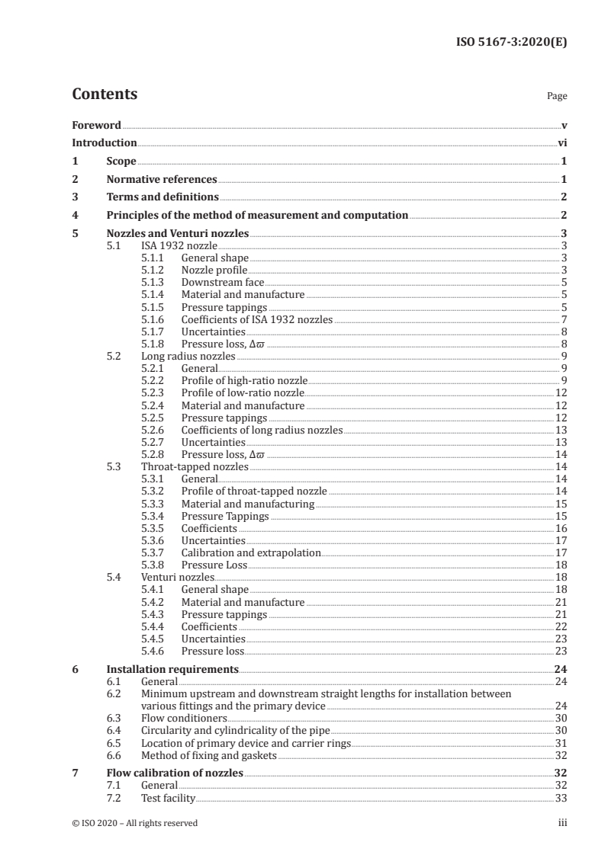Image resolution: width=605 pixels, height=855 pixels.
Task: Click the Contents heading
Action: click(x=105, y=95)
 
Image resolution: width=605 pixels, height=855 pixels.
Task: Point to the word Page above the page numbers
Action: click(x=557, y=97)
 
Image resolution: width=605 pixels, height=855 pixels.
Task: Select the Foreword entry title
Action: click(x=96, y=125)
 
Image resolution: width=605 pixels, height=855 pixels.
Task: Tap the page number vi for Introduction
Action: click(x=562, y=143)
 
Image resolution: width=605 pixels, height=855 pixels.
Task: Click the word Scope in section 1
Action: click(x=121, y=162)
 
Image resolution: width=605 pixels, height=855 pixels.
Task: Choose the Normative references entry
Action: click(x=162, y=180)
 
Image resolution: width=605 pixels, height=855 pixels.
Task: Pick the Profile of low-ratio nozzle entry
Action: click(x=242, y=393)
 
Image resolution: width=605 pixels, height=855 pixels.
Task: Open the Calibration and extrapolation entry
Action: click(x=250, y=552)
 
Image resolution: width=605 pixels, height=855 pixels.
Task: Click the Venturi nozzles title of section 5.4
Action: click(x=178, y=578)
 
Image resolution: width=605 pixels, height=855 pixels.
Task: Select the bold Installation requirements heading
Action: click(x=172, y=670)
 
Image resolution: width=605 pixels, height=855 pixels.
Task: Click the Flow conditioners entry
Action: click(x=184, y=718)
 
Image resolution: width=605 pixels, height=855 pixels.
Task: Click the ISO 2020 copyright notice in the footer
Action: click(x=135, y=823)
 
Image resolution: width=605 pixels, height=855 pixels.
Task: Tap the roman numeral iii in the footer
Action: click(x=563, y=823)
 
